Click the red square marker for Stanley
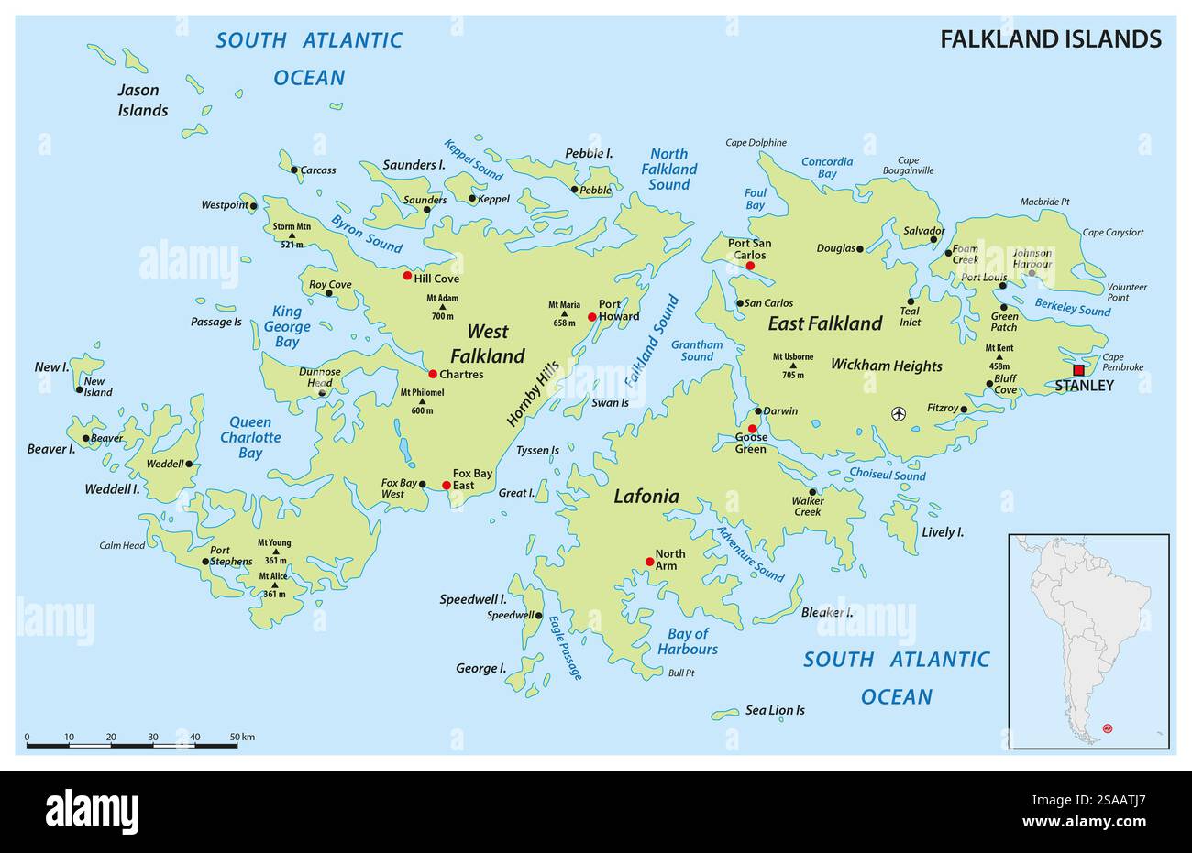(x=1078, y=370)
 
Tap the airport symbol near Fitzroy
(x=898, y=413)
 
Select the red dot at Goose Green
(x=752, y=429)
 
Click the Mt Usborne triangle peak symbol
(x=793, y=366)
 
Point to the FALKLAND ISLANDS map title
(x=1051, y=38)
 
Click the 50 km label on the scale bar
(x=241, y=737)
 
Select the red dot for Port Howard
(x=592, y=317)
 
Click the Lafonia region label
(x=646, y=497)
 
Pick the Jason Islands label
(x=142, y=100)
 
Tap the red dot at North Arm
(x=650, y=561)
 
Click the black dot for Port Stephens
(x=205, y=562)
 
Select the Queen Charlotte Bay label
(x=249, y=437)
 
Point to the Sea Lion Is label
(x=775, y=710)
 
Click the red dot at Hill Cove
(x=408, y=275)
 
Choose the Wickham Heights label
(x=886, y=366)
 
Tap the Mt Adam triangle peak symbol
(x=442, y=307)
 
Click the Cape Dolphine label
(x=756, y=142)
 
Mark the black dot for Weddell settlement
(x=189, y=464)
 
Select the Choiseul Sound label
(x=887, y=476)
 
